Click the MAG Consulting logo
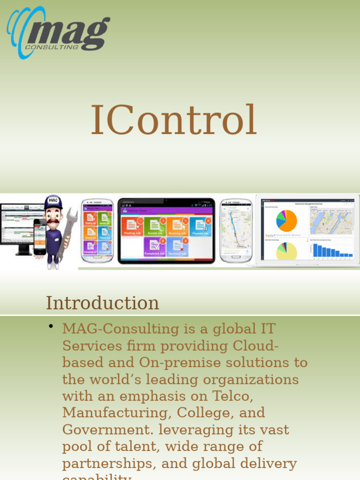click(x=59, y=33)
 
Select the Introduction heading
click(x=102, y=303)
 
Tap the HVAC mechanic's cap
click(x=53, y=202)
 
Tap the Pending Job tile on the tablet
click(x=131, y=227)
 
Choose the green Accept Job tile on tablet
click(x=154, y=227)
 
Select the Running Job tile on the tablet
click(x=177, y=227)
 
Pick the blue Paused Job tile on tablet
click(x=200, y=227)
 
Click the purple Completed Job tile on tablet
click(x=154, y=247)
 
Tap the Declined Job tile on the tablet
click(x=177, y=247)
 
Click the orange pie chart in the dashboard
click(x=287, y=221)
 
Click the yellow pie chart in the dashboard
click(x=286, y=251)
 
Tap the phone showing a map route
click(x=236, y=230)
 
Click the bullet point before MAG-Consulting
click(x=51, y=326)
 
